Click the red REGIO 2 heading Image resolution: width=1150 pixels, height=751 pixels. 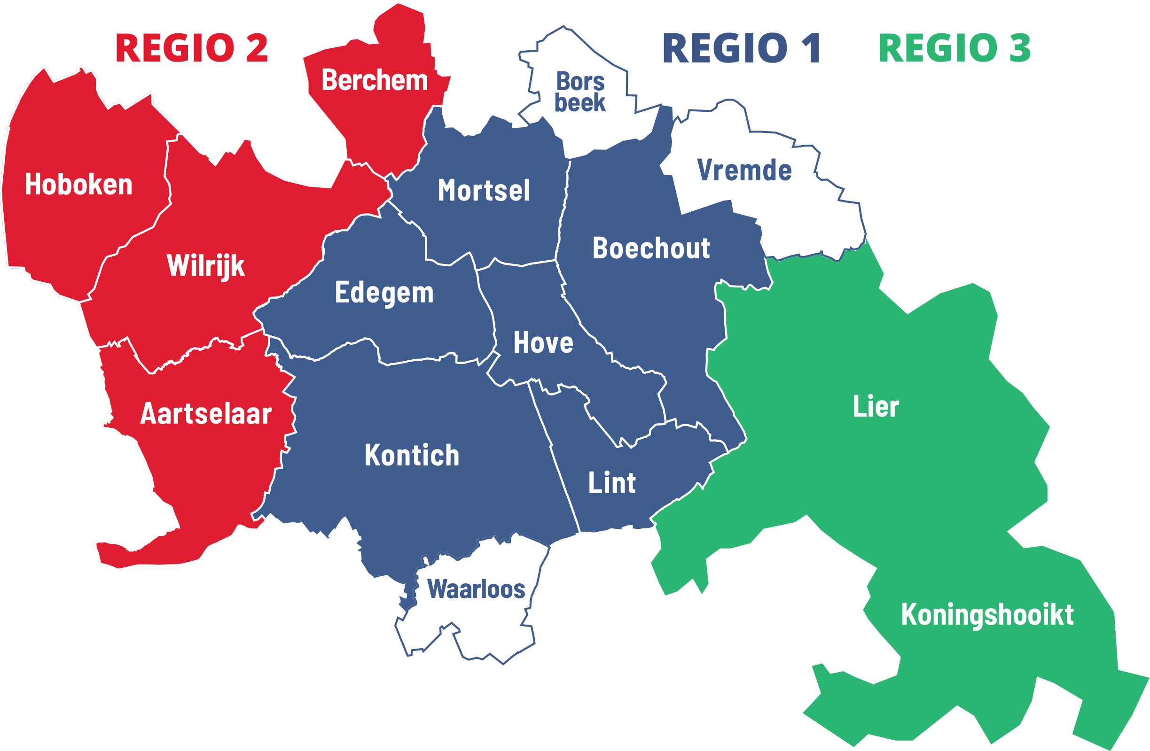pos(191,48)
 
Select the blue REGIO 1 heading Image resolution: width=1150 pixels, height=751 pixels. pos(741,48)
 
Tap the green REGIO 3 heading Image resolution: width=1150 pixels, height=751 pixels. pos(954,48)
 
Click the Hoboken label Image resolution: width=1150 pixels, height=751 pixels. pos(79,185)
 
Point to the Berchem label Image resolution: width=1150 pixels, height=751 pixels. pos(375,80)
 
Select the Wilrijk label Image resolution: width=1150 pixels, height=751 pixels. pos(206,266)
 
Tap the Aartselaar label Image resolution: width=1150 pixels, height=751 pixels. pos(206,414)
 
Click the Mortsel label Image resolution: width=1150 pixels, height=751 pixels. pos(484,190)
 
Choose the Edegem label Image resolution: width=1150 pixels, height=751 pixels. pos(384,293)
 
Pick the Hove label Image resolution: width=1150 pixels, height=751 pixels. pos(543,343)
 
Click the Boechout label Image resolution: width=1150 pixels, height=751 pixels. pos(651,248)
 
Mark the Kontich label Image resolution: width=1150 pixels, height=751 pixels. pos(412,456)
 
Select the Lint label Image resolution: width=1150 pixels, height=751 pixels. pos(612,483)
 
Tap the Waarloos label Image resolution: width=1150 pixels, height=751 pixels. pos(476,589)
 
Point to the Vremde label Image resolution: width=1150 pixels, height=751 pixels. pos(744,170)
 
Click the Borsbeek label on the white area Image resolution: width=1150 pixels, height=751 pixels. pos(580,92)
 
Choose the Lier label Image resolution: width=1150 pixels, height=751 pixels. pos(876,407)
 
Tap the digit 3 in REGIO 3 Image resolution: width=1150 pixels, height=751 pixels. pos(1020,48)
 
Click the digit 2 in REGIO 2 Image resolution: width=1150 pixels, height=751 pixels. pos(257,48)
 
